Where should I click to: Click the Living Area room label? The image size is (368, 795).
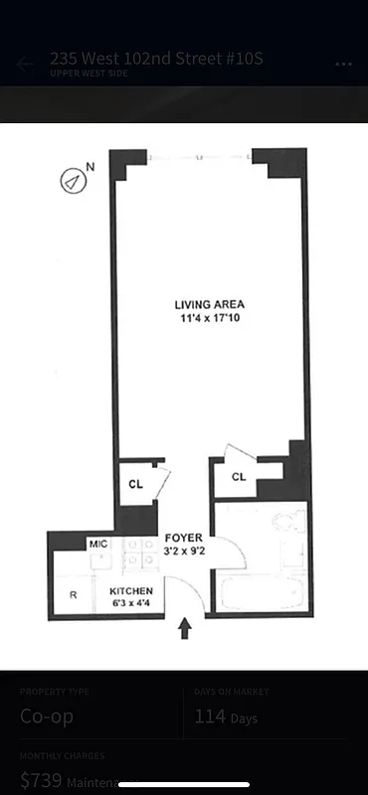click(209, 304)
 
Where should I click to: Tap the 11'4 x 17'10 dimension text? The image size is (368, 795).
click(209, 319)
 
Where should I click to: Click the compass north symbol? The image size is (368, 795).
click(72, 181)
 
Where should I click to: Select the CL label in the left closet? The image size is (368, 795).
click(135, 485)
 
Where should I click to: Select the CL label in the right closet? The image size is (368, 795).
click(239, 477)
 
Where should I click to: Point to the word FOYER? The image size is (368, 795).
click(184, 538)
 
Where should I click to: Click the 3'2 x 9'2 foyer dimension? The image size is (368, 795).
click(184, 552)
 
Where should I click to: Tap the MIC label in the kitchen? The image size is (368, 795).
click(97, 544)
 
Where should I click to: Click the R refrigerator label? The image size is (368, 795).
click(73, 595)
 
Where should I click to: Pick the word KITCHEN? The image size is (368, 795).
click(130, 590)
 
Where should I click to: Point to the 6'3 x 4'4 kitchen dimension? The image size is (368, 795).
click(130, 603)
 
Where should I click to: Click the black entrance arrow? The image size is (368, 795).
click(185, 629)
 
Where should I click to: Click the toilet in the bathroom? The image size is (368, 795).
click(289, 523)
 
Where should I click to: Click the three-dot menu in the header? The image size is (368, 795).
click(343, 65)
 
